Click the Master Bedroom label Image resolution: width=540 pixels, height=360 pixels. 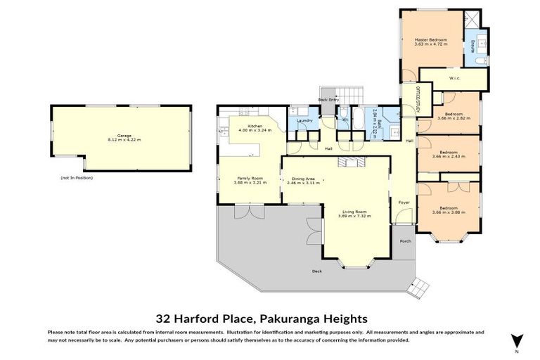431,40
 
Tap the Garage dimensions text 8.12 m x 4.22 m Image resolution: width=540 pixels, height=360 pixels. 124,140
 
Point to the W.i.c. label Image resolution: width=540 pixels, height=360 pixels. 454,78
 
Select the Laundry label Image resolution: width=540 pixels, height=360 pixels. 304,121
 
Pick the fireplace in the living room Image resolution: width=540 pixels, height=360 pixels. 349,162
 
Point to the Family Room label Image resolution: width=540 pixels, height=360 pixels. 250,179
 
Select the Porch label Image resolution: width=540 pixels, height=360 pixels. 405,241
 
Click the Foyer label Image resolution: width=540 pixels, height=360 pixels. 404,202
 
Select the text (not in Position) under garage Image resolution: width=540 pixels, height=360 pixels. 77,178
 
